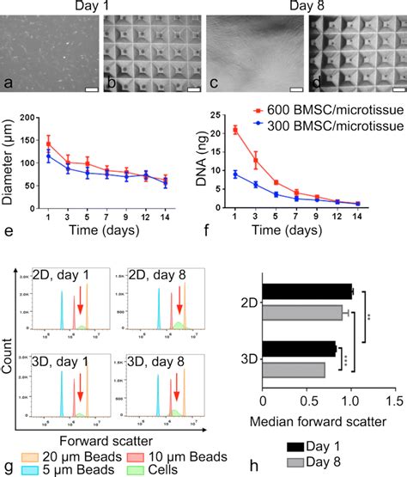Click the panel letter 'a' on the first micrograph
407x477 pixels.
point(8,83)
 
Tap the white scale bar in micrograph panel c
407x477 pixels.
point(296,88)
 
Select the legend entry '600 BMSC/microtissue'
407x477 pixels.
point(325,110)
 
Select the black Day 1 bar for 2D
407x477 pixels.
point(306,290)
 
